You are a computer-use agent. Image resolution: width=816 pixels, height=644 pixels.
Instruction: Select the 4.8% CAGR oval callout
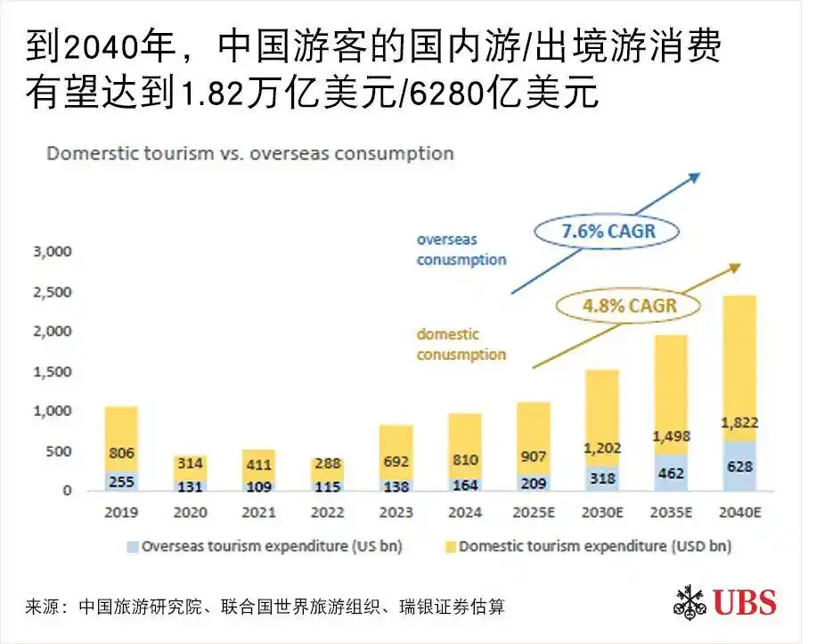(628, 306)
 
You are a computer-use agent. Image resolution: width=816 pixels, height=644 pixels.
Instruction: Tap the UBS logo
(724, 601)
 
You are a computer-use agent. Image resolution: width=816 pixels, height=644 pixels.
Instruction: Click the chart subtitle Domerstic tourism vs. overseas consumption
(250, 153)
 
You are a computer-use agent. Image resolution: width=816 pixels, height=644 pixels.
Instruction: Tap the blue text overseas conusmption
(461, 250)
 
